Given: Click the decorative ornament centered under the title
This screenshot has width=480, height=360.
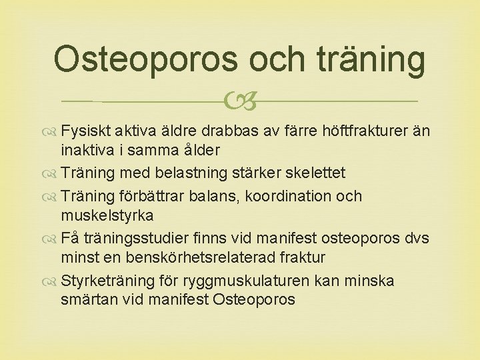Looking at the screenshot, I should [241, 102].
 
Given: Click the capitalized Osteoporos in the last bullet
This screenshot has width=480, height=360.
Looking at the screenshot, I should [254, 299].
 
